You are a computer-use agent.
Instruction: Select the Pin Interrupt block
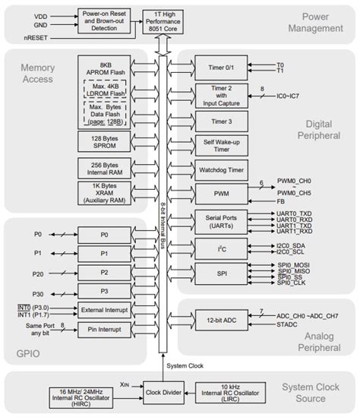tap(104, 331)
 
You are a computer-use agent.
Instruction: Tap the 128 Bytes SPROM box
tap(104, 141)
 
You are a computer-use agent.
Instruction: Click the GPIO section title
tap(29, 353)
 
